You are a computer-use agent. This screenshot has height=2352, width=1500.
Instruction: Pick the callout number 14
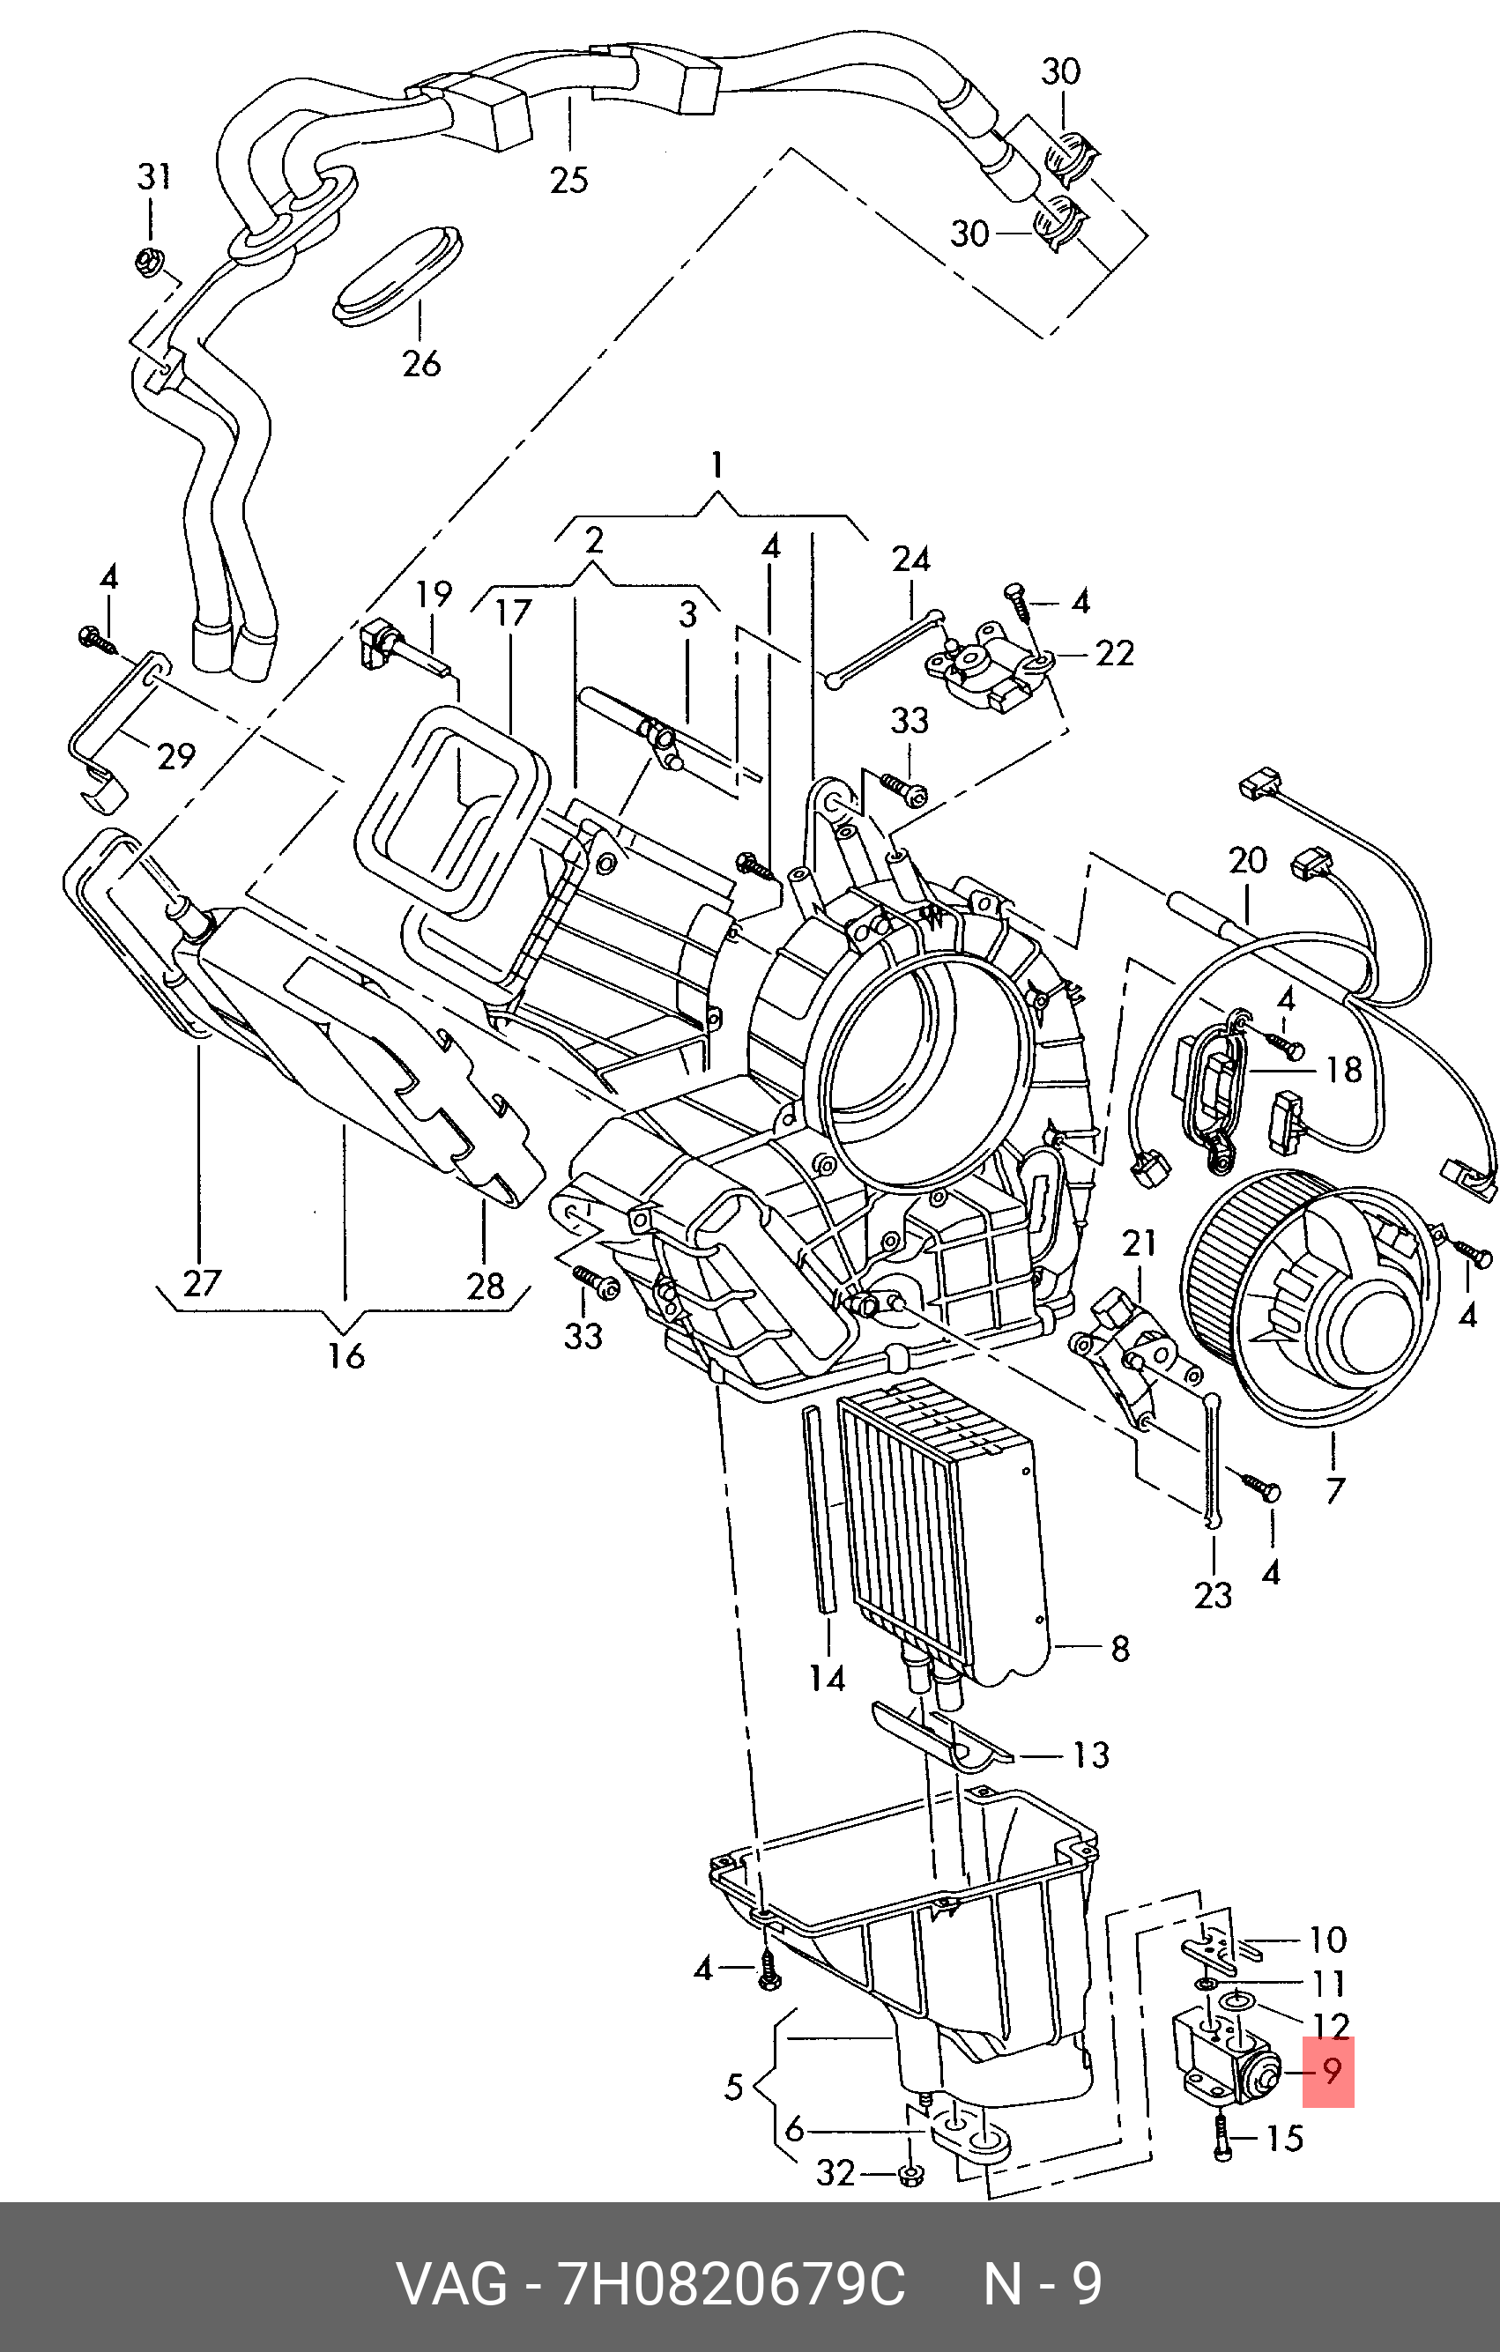point(828,1678)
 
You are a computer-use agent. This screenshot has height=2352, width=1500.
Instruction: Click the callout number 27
point(202,1282)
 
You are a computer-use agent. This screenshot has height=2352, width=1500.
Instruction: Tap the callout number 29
point(175,755)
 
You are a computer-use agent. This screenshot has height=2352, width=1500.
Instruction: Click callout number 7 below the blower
point(1335,1490)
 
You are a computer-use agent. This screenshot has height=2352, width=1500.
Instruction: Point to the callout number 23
point(1214,1595)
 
